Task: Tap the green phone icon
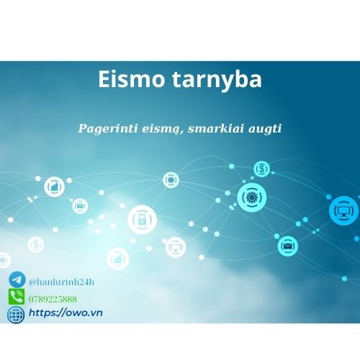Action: click(x=17, y=297)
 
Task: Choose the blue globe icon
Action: click(x=16, y=314)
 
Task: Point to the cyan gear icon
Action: click(x=252, y=195)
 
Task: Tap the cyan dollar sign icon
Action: click(x=262, y=169)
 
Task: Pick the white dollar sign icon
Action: click(x=36, y=245)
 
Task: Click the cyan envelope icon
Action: click(x=288, y=246)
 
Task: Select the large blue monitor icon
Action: click(x=343, y=210)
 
